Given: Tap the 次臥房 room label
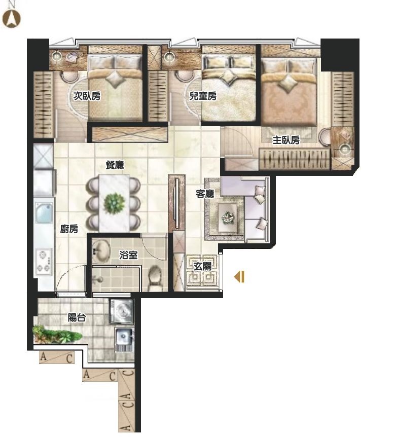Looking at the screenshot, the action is [87, 96].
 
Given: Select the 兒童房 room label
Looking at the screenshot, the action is [203, 96].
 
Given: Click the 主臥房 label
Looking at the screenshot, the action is [286, 140].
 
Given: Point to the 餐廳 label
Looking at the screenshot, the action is [115, 165].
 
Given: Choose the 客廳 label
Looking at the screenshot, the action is [205, 194].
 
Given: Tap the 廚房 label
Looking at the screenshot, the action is [69, 229].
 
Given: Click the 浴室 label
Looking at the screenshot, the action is [128, 254].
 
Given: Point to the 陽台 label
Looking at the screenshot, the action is [77, 317].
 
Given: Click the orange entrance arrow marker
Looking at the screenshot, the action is [239, 277].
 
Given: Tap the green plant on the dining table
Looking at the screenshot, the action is [114, 203].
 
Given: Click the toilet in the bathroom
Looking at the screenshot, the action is [155, 278].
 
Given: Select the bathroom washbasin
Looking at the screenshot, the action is [101, 251].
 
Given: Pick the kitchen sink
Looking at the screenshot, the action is [44, 212].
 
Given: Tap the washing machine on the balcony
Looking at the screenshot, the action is [122, 312].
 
